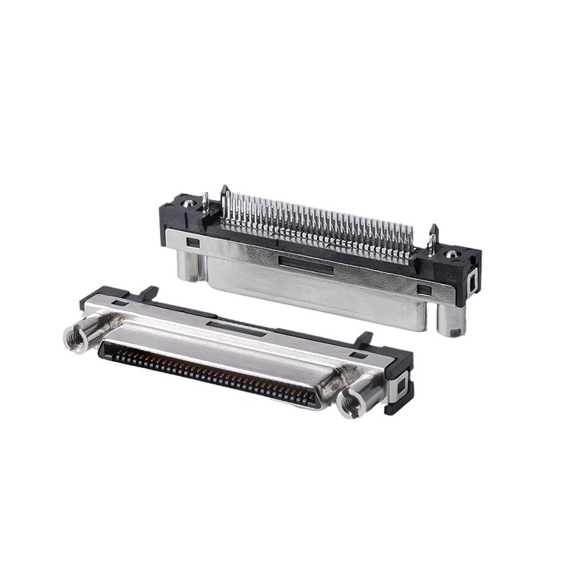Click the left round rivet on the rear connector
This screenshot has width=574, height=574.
click(187, 203)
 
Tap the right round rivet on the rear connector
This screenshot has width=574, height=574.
click(451, 254)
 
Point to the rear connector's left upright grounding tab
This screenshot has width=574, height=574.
click(205, 202)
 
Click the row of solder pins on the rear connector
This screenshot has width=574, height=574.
click(316, 219)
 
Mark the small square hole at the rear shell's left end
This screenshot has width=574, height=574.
click(193, 243)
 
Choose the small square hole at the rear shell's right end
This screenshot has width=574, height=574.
click(425, 291)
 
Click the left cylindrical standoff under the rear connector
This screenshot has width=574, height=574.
click(188, 265)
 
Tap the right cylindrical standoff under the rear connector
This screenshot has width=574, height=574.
click(451, 321)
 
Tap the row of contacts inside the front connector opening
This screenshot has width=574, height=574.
click(208, 370)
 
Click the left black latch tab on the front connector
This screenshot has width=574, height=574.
click(148, 293)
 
